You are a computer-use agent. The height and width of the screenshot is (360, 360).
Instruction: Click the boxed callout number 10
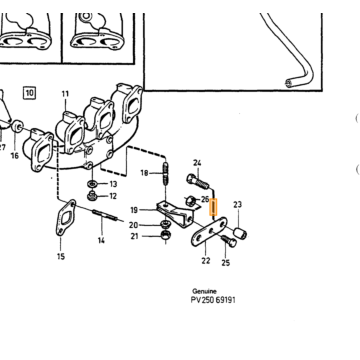[30, 92]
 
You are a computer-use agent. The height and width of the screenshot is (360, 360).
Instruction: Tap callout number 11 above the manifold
[65, 94]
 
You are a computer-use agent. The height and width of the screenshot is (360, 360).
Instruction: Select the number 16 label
[15, 155]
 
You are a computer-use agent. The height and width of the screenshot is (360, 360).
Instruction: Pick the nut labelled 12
[92, 196]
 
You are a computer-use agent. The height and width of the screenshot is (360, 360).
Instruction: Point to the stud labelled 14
[105, 215]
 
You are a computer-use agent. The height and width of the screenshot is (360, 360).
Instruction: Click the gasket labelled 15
[66, 218]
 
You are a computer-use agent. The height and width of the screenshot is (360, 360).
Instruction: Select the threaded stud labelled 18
[166, 173]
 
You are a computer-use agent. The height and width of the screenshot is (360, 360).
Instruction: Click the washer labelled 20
[165, 223]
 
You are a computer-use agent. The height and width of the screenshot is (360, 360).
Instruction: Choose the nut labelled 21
[165, 235]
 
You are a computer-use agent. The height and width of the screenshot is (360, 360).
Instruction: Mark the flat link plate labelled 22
[209, 232]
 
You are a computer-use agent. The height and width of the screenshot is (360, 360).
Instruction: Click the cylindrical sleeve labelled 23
[240, 233]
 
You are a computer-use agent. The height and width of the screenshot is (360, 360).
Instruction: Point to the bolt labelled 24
[198, 181]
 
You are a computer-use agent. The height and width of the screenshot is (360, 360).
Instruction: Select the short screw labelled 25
[228, 240]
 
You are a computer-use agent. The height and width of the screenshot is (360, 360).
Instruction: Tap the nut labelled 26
[190, 200]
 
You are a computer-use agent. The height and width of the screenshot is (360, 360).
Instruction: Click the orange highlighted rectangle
[213, 207]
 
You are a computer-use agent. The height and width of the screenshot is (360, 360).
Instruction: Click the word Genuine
[204, 291]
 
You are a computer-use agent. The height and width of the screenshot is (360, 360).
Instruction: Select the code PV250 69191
[213, 300]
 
